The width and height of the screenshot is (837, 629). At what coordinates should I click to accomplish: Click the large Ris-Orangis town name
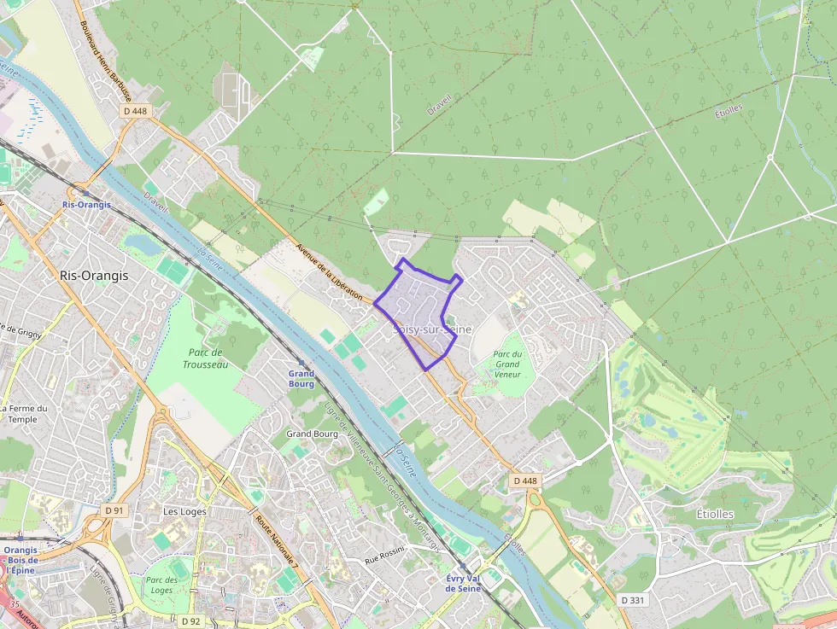(x=94, y=276)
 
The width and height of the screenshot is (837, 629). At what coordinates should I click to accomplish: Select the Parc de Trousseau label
(x=205, y=358)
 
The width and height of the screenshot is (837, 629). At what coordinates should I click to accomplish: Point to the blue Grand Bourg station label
(x=301, y=378)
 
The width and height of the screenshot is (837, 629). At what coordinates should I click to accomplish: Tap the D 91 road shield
(x=114, y=510)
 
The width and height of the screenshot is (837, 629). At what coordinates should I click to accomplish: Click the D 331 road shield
(x=633, y=600)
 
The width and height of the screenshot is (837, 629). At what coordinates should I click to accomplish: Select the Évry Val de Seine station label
(x=464, y=583)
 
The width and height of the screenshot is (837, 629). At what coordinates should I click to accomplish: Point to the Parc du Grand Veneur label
(x=507, y=364)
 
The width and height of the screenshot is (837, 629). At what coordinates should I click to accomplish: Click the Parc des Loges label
(x=161, y=585)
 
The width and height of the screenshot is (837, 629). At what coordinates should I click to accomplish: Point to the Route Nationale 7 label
(x=277, y=546)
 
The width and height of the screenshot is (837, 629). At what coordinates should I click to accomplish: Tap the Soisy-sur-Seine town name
(x=433, y=329)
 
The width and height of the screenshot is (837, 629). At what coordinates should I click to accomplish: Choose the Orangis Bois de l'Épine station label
(x=20, y=560)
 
